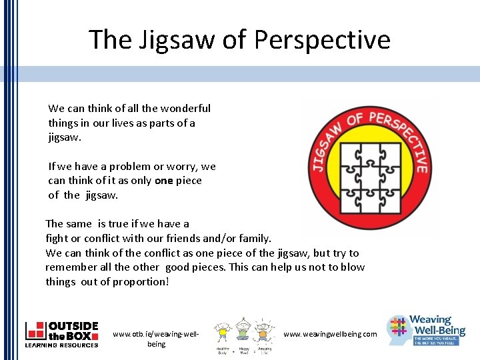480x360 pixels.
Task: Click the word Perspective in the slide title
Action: [321, 40]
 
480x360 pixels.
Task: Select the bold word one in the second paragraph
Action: [163, 180]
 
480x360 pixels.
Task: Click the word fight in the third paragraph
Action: [55, 238]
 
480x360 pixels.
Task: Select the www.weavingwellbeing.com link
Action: [330, 334]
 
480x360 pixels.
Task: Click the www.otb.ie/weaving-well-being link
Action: [156, 339]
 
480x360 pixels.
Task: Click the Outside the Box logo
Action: [61, 334]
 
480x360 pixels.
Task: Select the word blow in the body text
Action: [353, 267]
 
